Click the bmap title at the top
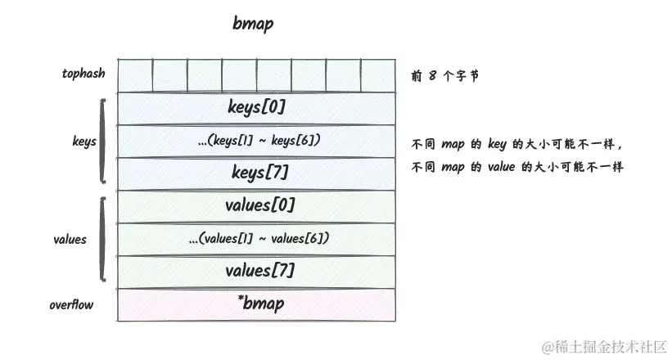[253, 24]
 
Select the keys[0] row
[256, 107]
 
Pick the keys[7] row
[256, 173]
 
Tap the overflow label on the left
[71, 305]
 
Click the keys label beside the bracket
[84, 142]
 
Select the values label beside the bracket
[70, 240]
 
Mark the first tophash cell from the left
[134, 75]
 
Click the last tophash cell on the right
[377, 75]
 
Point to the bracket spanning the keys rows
[102, 141]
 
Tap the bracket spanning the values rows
[102, 238]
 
